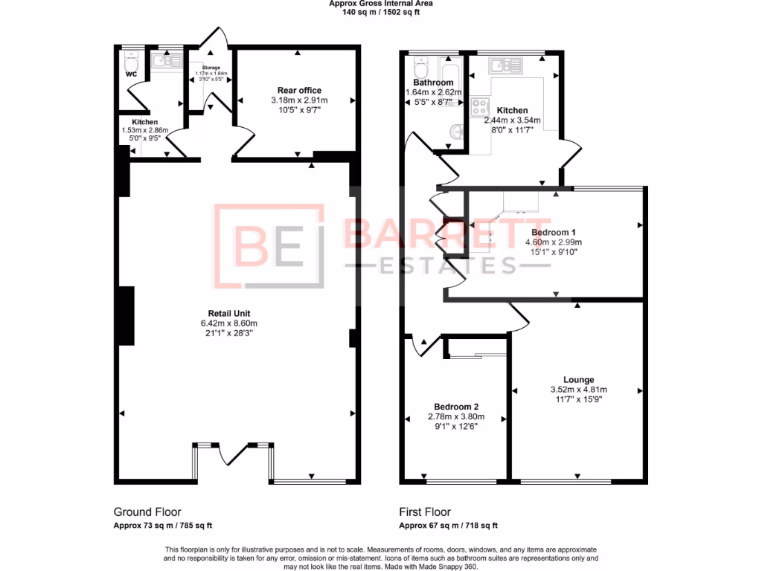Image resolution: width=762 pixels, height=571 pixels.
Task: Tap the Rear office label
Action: tap(299, 91)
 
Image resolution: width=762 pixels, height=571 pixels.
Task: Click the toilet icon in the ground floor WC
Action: tap(132, 58)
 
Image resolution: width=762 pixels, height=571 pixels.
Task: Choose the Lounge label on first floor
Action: tap(578, 380)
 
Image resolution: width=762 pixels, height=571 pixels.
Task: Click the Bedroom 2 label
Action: tap(455, 407)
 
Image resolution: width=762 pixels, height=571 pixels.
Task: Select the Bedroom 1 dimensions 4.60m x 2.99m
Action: tap(553, 242)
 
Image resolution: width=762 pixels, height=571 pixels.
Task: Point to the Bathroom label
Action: tap(433, 83)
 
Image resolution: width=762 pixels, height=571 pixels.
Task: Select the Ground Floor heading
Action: tap(147, 512)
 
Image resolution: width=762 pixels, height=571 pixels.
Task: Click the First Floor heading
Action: tap(425, 512)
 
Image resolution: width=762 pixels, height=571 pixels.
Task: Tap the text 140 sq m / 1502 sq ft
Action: tap(381, 13)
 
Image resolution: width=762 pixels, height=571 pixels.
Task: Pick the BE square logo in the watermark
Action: tap(269, 245)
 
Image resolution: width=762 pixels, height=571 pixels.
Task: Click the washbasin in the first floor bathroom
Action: tap(457, 132)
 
